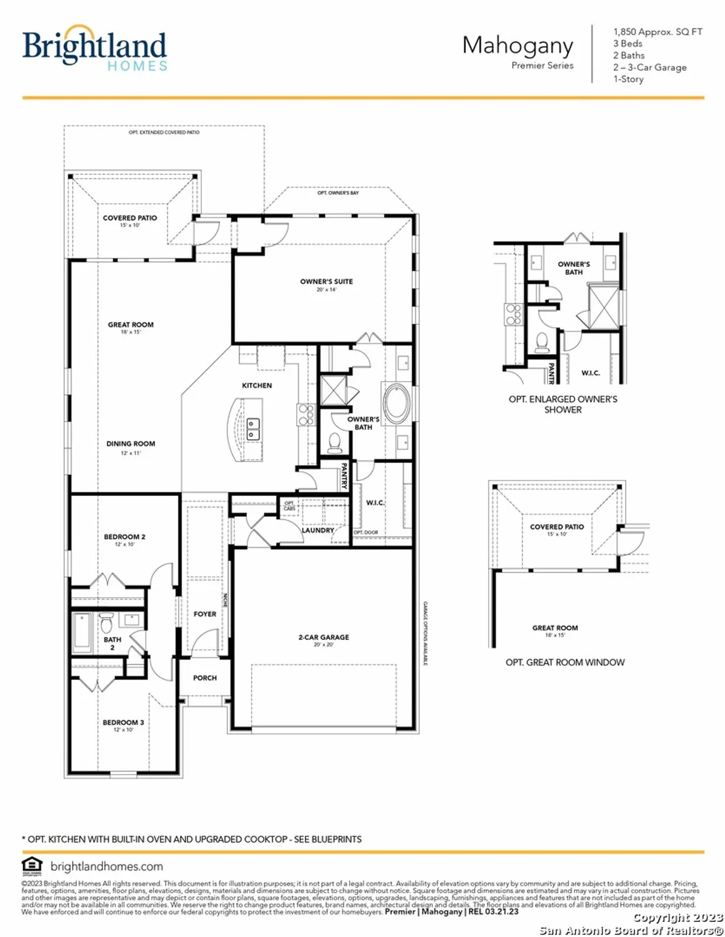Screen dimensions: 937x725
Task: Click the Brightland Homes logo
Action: click(94, 47)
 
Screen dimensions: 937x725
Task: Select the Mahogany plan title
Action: click(517, 46)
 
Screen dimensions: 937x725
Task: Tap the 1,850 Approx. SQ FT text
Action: click(657, 31)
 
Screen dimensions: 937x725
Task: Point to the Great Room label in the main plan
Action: click(131, 325)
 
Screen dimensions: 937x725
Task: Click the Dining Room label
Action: click(131, 444)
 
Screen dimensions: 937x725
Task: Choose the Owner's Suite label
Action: click(326, 282)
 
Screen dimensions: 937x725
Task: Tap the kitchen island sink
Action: click(253, 429)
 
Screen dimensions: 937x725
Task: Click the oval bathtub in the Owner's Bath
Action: click(396, 404)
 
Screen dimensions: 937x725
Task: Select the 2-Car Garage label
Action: click(324, 637)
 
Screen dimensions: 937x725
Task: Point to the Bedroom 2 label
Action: click(124, 537)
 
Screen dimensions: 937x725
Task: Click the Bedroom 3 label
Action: click(123, 722)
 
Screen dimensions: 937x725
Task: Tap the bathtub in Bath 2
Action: click(82, 631)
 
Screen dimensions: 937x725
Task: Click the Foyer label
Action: click(205, 614)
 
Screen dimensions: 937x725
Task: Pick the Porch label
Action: click(205, 678)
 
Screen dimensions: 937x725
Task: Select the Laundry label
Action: click(318, 530)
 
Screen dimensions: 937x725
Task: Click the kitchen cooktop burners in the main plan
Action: click(306, 415)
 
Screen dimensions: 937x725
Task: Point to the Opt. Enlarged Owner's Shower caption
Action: click(562, 404)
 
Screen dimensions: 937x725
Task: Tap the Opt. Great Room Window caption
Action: click(565, 662)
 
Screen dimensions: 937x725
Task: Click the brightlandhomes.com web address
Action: click(106, 866)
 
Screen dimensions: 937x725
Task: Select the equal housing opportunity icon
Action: click(31, 866)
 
